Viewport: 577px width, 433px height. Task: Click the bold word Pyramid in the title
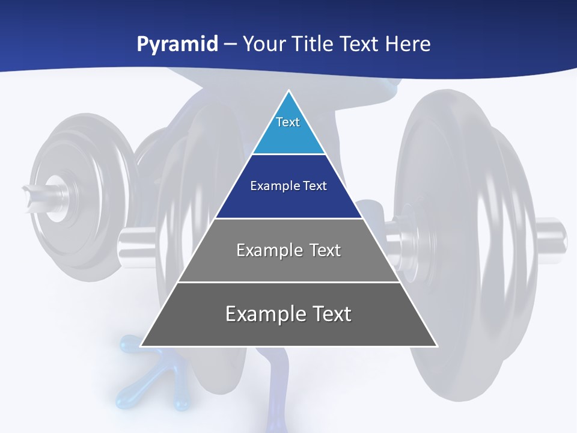click(x=177, y=45)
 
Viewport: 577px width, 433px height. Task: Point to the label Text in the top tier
click(x=288, y=122)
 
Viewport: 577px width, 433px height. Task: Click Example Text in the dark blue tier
click(x=288, y=186)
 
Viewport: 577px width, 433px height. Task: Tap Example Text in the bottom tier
click(x=288, y=314)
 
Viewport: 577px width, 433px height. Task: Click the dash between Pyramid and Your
click(x=230, y=45)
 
